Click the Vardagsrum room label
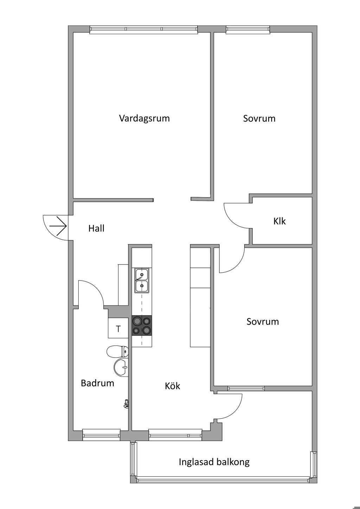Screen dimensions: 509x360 click(x=144, y=118)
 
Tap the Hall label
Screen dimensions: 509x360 click(x=96, y=228)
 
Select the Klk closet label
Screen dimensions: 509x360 click(x=279, y=221)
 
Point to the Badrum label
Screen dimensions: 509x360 click(x=97, y=383)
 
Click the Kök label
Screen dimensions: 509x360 click(x=172, y=386)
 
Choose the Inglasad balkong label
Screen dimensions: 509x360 click(x=214, y=462)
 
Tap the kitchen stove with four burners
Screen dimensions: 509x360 click(x=142, y=326)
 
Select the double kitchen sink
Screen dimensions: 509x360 click(x=142, y=280)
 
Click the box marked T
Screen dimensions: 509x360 click(x=118, y=329)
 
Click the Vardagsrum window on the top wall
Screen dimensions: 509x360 click(x=143, y=30)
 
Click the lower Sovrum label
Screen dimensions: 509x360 click(x=263, y=322)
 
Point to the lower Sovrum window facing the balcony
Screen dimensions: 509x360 click(x=246, y=388)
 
